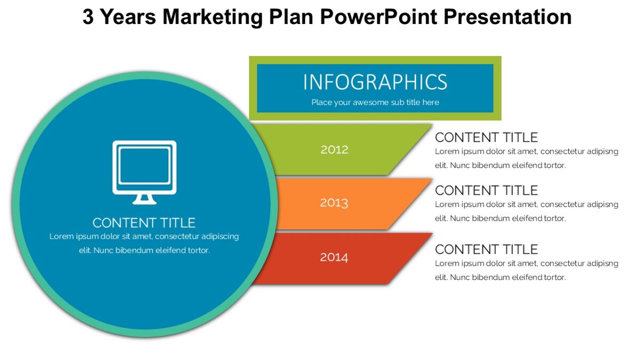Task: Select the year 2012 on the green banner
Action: [x=334, y=149]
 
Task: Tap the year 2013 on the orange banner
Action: [x=334, y=203]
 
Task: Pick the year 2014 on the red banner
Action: [x=334, y=257]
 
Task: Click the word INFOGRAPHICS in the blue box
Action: [x=375, y=82]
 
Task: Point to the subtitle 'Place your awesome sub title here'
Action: [x=375, y=102]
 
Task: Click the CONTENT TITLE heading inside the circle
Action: [x=144, y=222]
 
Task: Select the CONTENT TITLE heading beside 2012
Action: [x=486, y=137]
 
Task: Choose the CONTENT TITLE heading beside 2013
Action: [x=486, y=190]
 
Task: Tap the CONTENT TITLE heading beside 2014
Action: [x=486, y=249]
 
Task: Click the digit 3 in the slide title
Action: [x=88, y=17]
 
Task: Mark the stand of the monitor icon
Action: [x=144, y=199]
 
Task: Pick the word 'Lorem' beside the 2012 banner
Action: [x=446, y=151]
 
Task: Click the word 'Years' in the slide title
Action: [x=128, y=17]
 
